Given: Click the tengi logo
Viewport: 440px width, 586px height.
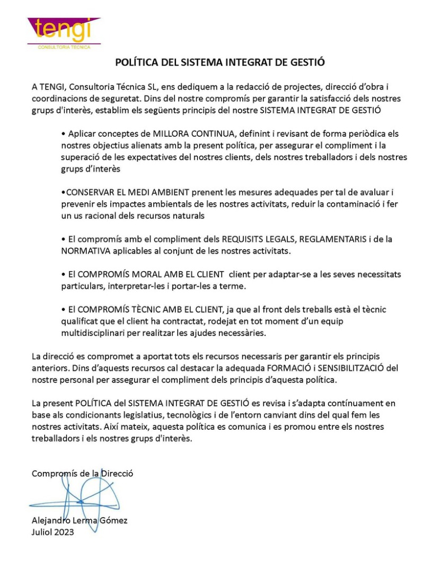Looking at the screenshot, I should (64, 31).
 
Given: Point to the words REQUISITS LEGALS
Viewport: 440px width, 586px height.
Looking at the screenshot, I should (255, 239).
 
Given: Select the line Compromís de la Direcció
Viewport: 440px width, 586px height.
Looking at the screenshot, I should (82, 474).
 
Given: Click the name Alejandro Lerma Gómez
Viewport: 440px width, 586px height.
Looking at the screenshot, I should (80, 520).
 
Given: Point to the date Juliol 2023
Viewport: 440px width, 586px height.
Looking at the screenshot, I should (53, 532).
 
